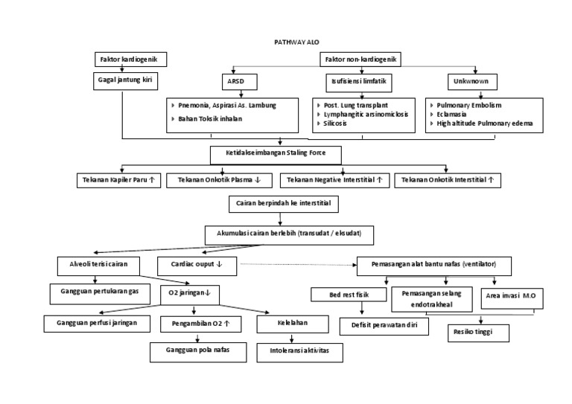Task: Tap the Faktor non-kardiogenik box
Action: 360,58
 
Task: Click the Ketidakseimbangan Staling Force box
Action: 276,153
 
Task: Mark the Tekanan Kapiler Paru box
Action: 118,180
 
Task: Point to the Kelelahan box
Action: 293,324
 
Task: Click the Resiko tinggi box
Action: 478,331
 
